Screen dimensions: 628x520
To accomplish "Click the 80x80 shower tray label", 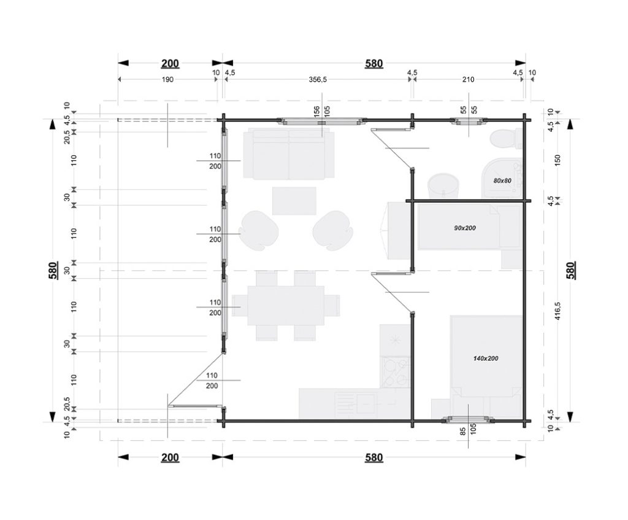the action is (x=502, y=181).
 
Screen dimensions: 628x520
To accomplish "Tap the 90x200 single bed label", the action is (x=465, y=228).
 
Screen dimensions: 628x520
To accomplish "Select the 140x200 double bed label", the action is (x=486, y=359).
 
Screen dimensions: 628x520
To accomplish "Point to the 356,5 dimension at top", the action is (x=318, y=79).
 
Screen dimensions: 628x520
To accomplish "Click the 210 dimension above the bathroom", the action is (x=468, y=79).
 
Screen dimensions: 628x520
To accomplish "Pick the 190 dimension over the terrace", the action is (x=167, y=79).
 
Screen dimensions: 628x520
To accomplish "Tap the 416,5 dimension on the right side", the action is (x=558, y=311).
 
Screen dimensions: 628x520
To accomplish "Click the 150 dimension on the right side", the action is (x=558, y=160).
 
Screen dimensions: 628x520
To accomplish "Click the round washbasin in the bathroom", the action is (x=443, y=186).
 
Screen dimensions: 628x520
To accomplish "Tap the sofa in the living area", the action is (x=289, y=153).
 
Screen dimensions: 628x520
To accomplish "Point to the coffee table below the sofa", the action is (x=294, y=201).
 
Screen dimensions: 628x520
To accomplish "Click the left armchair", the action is (x=259, y=231).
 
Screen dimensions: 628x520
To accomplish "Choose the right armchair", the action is (x=333, y=231).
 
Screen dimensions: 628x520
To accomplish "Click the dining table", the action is (x=286, y=306).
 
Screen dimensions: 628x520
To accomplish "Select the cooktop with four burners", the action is (x=395, y=373).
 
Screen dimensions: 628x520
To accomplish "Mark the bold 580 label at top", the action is (x=373, y=63).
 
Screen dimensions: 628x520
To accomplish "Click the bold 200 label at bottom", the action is (x=170, y=457).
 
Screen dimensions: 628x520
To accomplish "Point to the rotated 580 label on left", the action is (x=53, y=270).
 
